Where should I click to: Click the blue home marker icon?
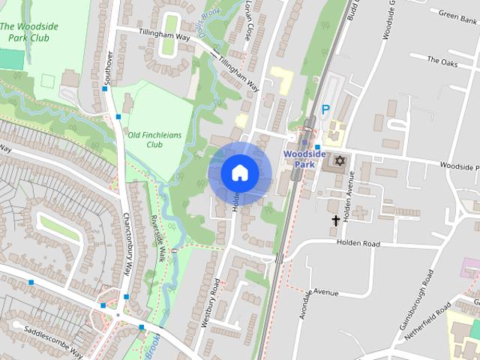(x=239, y=172)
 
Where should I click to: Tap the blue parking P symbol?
(x=325, y=109)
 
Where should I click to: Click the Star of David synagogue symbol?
(x=340, y=161)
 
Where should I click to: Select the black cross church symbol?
(x=336, y=220)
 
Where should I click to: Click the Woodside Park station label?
(x=304, y=158)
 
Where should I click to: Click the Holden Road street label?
(x=358, y=243)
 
